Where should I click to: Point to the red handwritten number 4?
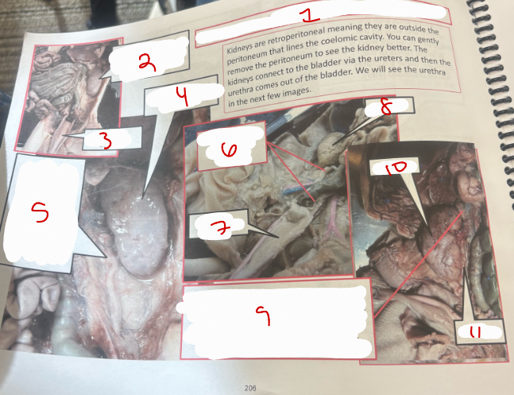(182, 98)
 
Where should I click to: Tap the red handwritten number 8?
(385, 107)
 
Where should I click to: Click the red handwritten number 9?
(267, 316)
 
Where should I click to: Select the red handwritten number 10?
(395, 169)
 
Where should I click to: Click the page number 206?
(250, 387)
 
